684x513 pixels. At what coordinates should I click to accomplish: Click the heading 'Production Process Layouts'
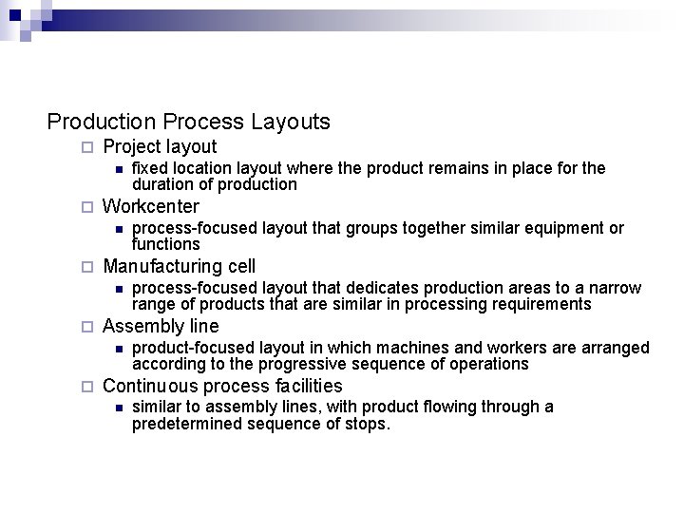(x=188, y=123)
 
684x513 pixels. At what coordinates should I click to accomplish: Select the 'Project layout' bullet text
(x=160, y=147)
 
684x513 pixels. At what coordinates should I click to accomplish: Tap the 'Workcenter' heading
(x=151, y=206)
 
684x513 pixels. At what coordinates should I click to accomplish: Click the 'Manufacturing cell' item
(x=179, y=266)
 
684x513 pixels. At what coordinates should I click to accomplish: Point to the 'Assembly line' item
(x=160, y=326)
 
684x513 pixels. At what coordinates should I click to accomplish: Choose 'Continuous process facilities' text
(x=222, y=386)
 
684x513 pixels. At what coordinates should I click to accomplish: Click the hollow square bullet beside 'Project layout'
(x=86, y=148)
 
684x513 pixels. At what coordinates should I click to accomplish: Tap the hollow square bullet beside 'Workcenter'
(x=86, y=207)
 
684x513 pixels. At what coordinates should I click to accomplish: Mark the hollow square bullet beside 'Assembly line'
(x=86, y=327)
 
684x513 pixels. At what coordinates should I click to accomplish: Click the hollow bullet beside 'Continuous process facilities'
(x=86, y=387)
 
